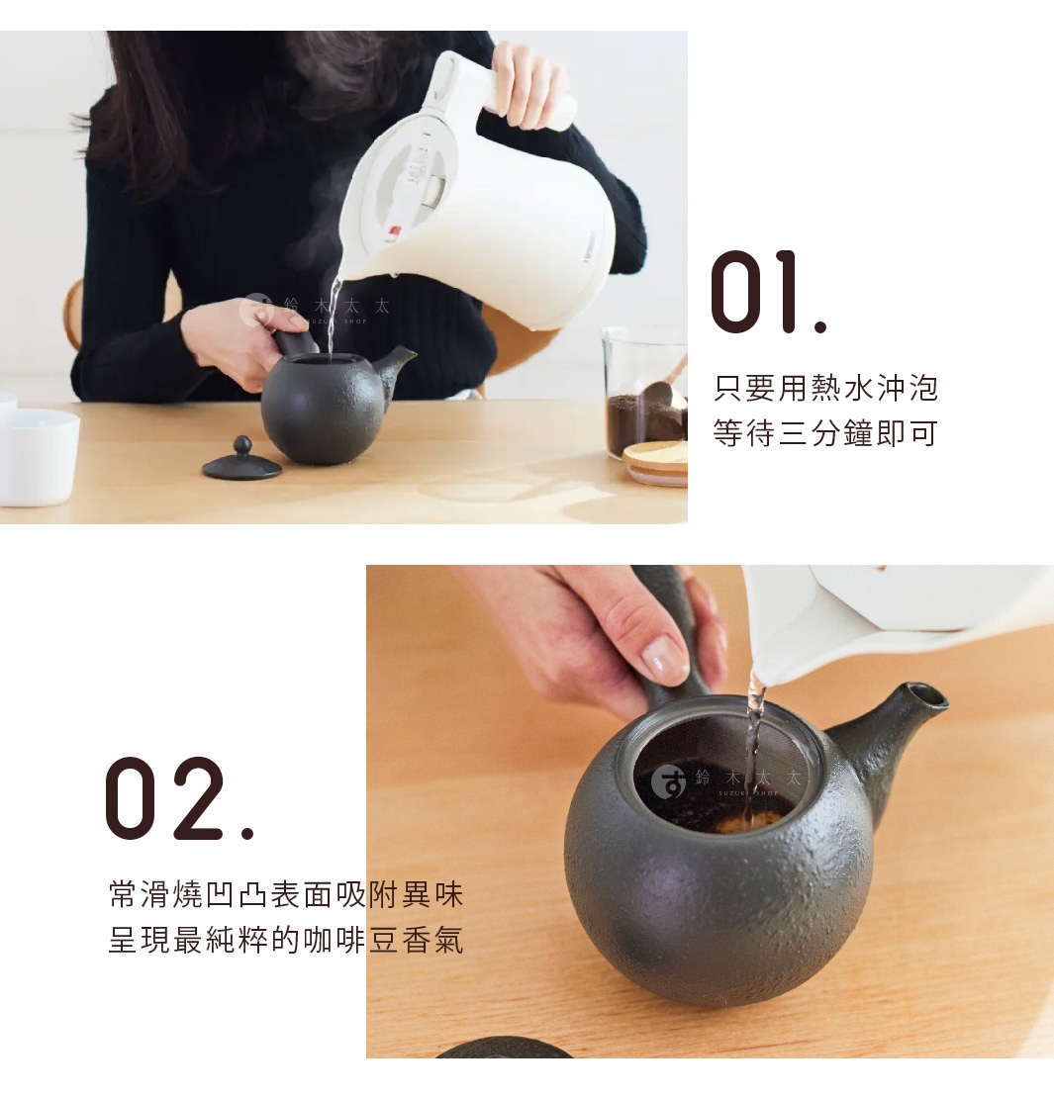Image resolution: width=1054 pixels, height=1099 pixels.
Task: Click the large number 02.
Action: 179,799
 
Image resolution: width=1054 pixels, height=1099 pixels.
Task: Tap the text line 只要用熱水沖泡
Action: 824,388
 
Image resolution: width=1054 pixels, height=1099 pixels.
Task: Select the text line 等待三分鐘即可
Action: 824,432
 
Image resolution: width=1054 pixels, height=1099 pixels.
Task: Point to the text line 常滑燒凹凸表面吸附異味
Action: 285,895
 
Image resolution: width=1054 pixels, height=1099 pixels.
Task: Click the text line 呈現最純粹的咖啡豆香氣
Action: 285,940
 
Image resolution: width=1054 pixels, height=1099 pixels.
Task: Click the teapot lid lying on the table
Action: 241,462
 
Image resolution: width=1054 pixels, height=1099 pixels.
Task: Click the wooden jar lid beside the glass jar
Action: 656,462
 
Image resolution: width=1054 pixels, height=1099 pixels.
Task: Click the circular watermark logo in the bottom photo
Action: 670,782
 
